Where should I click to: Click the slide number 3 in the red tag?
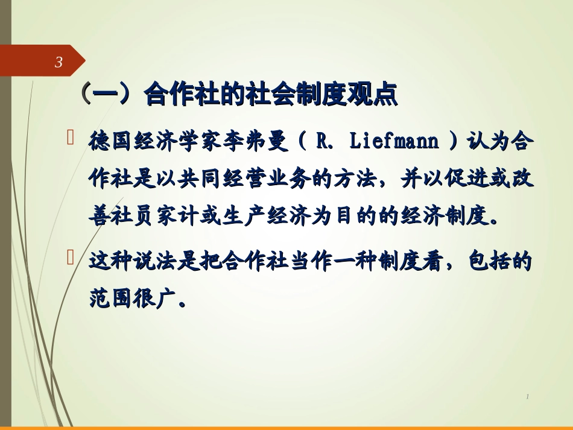click(59, 62)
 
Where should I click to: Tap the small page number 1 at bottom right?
click(527, 396)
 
